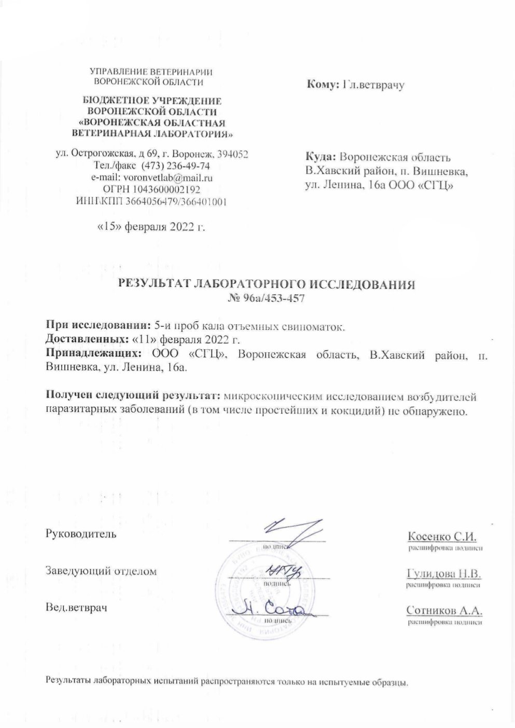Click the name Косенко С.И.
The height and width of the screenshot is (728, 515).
point(442,535)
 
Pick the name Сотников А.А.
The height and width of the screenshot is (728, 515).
point(444,610)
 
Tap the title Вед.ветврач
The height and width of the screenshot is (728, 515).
point(77,607)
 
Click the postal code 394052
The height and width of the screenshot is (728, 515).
point(233,155)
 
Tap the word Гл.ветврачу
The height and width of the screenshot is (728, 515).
point(373,84)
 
